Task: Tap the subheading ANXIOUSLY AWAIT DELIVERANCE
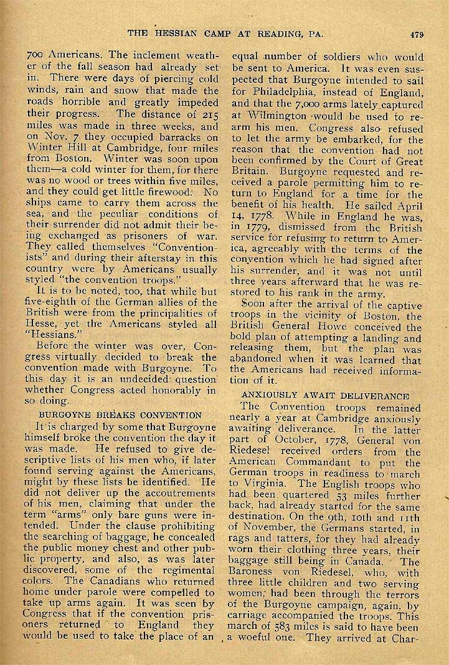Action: tap(325, 396)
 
